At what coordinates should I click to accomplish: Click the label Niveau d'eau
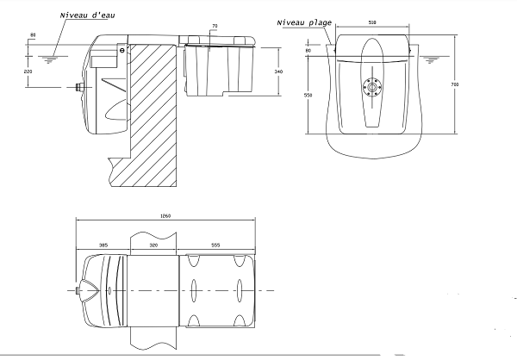pos(87,16)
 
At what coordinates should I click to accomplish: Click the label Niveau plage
pos(304,22)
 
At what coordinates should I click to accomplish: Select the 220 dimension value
pos(28,71)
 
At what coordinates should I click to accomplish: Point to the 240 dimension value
pos(278,71)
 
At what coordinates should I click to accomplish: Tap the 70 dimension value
pos(215,26)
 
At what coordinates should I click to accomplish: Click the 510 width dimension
pos(372,22)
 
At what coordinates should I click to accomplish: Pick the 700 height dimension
pos(454,84)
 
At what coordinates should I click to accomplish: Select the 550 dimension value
pos(308,96)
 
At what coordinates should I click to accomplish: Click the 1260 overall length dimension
pos(165,216)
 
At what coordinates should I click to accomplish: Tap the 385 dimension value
pos(103,245)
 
